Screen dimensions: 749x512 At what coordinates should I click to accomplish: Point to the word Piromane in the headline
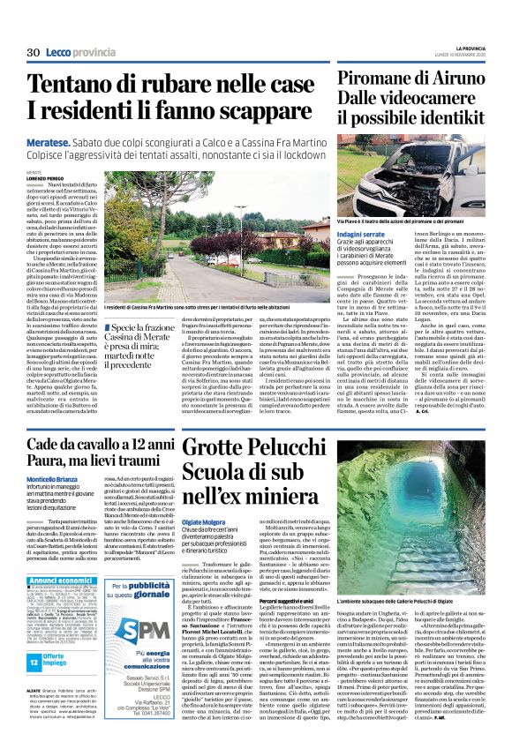(380, 78)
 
